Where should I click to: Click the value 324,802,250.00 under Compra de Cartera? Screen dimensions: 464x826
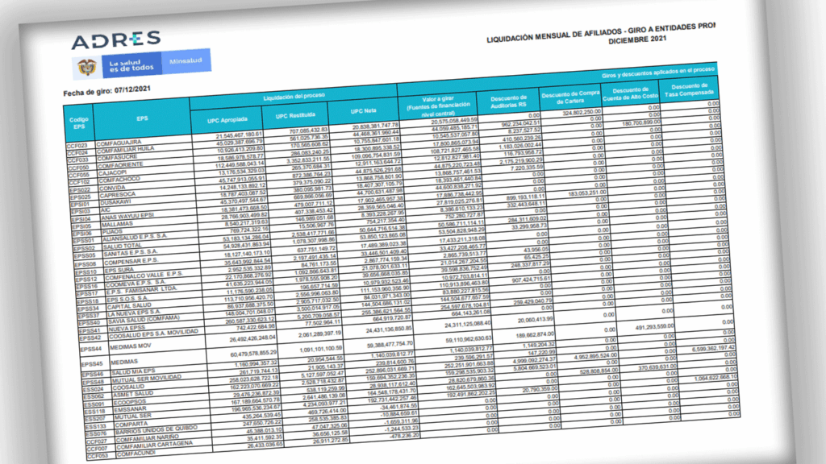[x=576, y=112]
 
